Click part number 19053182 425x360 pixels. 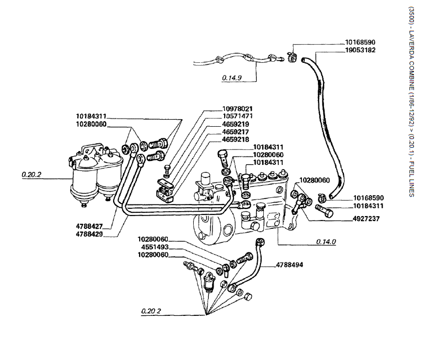point(360,50)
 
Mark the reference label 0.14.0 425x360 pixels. point(326,241)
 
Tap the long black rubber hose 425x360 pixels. point(323,121)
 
